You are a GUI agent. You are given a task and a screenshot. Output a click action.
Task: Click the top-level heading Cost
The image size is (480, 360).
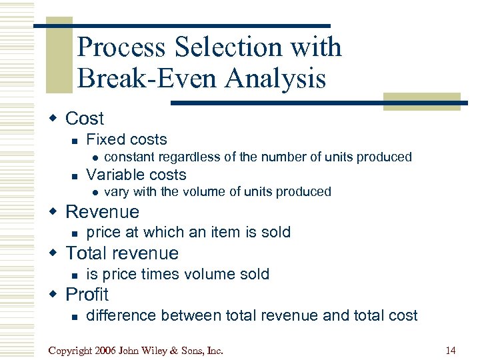tap(85, 119)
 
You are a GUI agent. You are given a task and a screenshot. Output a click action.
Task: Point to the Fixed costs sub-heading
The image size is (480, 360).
tap(127, 139)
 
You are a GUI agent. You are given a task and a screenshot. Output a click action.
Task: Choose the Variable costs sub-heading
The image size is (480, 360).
tap(136, 175)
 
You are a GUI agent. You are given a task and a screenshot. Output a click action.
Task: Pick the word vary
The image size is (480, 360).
tap(117, 192)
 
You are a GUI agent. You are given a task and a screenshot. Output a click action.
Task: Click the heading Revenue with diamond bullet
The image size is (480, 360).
tap(103, 212)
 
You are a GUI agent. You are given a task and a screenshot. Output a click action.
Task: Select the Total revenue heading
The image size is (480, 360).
tap(122, 253)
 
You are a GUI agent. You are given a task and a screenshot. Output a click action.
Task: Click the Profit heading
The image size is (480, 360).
tap(87, 294)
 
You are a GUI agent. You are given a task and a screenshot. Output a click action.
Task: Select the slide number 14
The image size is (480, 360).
tap(451, 349)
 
